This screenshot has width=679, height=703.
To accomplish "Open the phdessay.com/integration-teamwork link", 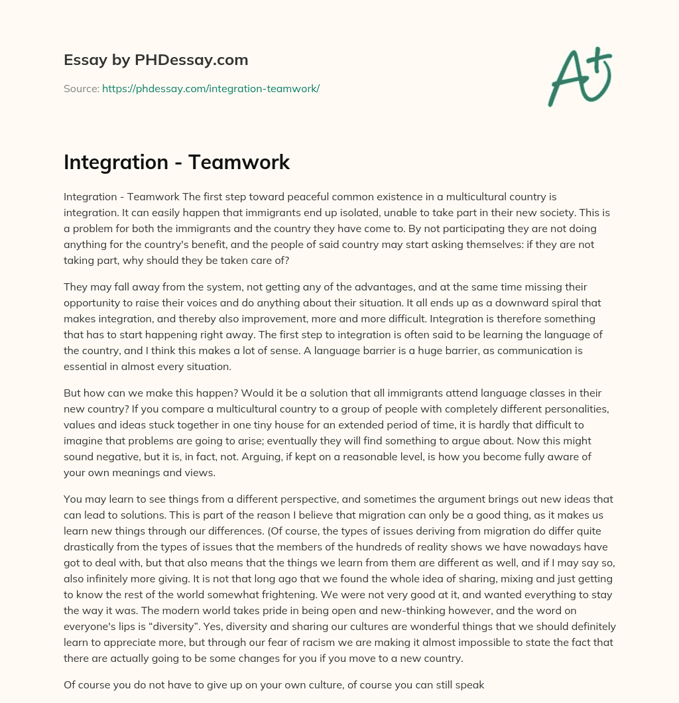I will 211,88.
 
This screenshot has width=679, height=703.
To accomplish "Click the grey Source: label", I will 82,88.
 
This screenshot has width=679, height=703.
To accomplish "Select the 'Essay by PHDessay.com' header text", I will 156,60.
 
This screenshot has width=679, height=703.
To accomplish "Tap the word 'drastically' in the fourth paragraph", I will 90,546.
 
